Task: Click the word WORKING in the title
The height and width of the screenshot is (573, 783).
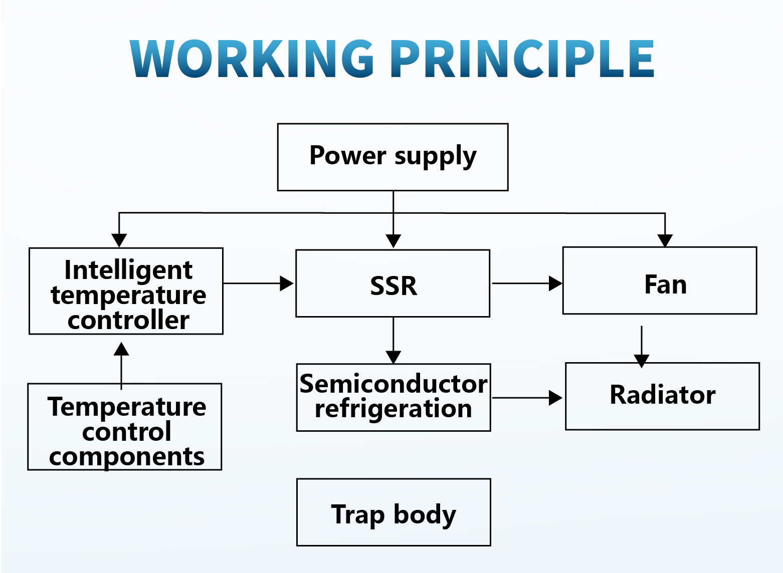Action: (252, 58)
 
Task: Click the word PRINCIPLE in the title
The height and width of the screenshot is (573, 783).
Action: (522, 58)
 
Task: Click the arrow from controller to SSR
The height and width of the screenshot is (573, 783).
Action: (259, 283)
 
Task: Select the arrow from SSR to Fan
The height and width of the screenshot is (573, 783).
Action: (527, 283)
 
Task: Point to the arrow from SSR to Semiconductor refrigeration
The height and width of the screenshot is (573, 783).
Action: (393, 341)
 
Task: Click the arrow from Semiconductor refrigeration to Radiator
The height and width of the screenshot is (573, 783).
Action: (527, 398)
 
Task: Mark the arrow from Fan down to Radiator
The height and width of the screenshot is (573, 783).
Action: (642, 347)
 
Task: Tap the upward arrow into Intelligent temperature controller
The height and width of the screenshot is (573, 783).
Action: (121, 366)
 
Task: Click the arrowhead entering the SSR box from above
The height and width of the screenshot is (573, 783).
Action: (393, 241)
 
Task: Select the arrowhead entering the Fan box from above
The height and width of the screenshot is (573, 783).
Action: (665, 241)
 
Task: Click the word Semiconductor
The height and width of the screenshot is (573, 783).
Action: (394, 384)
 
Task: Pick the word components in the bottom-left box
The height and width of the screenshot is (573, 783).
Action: (126, 458)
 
